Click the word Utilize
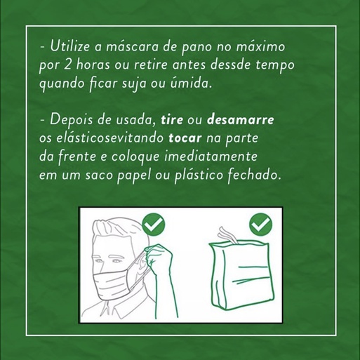click(70, 46)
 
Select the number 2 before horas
click(67, 65)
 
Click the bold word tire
click(172, 120)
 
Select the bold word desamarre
click(241, 120)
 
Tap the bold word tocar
click(185, 138)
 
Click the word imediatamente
click(211, 156)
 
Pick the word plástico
click(199, 175)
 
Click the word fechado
click(254, 175)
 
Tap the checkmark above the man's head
click(154, 225)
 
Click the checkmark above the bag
click(261, 225)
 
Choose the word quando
click(62, 84)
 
